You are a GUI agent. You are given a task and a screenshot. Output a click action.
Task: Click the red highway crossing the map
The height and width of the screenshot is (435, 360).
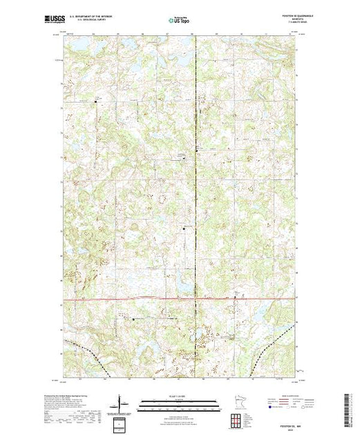138,299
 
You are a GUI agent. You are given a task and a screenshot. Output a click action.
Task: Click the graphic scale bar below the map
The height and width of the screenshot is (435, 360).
180,402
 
